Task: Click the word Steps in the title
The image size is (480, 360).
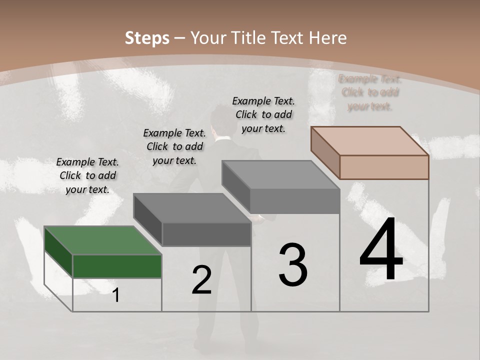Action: [146, 38]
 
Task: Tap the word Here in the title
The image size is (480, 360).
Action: [328, 38]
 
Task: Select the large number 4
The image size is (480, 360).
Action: [381, 249]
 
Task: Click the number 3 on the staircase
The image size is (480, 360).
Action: [293, 264]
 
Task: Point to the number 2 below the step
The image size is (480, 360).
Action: [201, 280]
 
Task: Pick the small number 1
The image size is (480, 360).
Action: [116, 295]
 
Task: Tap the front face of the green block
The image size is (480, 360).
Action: [117, 266]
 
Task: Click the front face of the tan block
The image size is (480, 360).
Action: [384, 167]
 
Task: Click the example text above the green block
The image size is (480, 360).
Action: [87, 175]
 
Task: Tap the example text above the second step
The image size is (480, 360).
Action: [174, 146]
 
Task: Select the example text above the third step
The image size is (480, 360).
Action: [263, 114]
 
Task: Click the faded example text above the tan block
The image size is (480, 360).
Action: [370, 92]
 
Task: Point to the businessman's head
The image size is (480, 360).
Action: [220, 120]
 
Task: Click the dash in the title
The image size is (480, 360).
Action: [180, 38]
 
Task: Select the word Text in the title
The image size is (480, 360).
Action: [288, 38]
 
